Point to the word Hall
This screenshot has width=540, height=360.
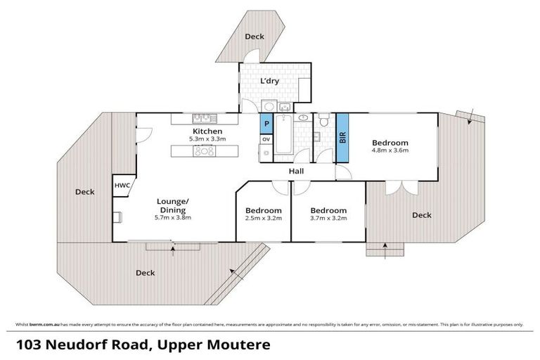pyautogui.click(x=296, y=170)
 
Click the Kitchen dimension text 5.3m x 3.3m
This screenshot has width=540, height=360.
pyautogui.click(x=207, y=140)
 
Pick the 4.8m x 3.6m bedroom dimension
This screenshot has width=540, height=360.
pyautogui.click(x=390, y=150)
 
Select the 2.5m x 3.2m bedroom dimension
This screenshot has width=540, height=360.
pyautogui.click(x=263, y=219)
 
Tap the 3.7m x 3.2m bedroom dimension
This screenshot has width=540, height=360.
pyautogui.click(x=328, y=219)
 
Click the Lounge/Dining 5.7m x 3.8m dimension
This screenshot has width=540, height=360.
pyautogui.click(x=172, y=218)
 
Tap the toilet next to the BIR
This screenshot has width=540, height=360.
pyautogui.click(x=323, y=124)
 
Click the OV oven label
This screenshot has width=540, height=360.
pyautogui.click(x=266, y=139)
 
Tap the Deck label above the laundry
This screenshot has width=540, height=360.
pyautogui.click(x=253, y=36)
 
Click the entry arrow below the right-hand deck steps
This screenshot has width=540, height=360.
pyautogui.click(x=385, y=245)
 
